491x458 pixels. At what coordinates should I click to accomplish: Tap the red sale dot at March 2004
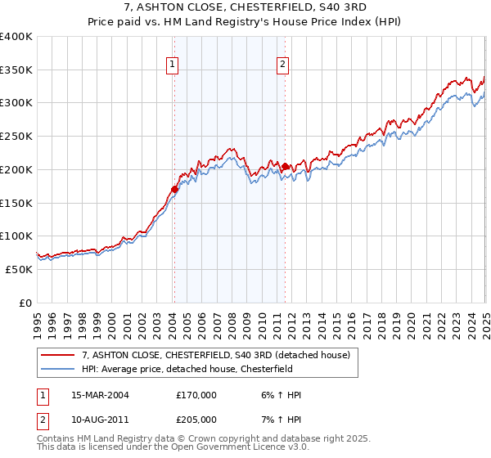click(174, 190)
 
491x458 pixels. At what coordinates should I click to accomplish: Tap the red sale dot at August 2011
click(285, 167)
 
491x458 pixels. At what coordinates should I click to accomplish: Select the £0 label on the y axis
click(25, 303)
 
